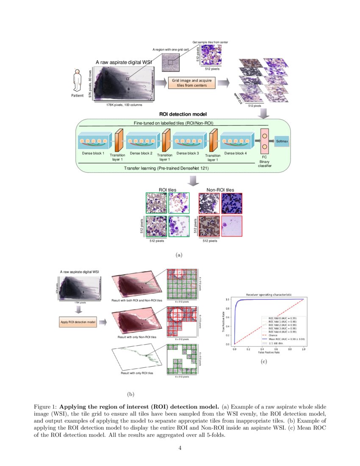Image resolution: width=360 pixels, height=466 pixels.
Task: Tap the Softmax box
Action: [282, 141]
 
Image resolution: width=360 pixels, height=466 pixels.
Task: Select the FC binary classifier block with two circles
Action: [265, 142]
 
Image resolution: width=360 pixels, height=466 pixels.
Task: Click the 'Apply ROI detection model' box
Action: [78, 322]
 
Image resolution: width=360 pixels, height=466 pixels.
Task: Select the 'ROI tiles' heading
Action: [167, 190]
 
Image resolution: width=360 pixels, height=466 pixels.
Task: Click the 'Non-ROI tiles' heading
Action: [220, 190]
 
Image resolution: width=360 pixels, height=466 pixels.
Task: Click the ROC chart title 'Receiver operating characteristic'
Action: [269, 294]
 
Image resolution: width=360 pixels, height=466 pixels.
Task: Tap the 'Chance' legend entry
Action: [267, 335]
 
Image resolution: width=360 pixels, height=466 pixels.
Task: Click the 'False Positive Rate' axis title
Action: [269, 352]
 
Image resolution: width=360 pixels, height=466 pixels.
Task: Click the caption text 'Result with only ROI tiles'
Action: [137, 373]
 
